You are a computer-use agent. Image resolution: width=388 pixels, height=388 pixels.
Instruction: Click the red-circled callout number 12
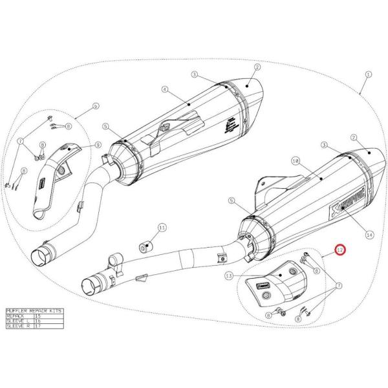pyautogui.click(x=340, y=249)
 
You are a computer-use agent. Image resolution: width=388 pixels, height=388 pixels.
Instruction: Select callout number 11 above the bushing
pyautogui.click(x=162, y=228)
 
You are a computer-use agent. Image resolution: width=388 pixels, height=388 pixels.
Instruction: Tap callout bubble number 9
pyautogui.click(x=98, y=145)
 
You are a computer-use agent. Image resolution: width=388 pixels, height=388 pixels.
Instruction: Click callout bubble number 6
pyautogui.click(x=95, y=105)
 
